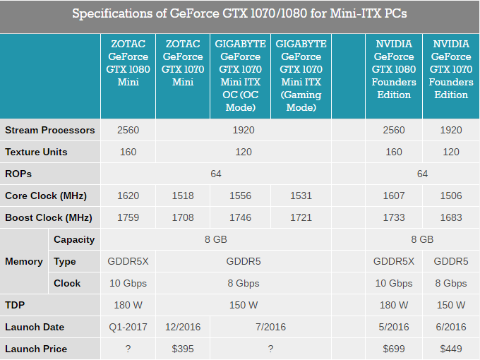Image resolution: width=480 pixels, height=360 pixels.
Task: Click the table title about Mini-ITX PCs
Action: (x=239, y=13)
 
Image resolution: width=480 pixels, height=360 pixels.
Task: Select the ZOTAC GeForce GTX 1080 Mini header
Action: (x=128, y=63)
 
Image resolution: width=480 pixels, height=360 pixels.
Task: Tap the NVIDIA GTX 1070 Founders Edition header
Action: (x=451, y=69)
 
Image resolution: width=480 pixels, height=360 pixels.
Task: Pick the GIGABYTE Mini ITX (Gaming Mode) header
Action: (x=301, y=76)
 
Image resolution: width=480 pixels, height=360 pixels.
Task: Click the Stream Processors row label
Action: (x=49, y=130)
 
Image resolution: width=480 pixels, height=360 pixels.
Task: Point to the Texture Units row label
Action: (x=36, y=152)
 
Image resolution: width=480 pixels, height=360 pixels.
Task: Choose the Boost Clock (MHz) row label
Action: (x=49, y=217)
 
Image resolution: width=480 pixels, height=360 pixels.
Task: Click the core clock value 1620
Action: (x=128, y=196)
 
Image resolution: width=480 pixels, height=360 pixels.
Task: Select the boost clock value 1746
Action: (x=240, y=217)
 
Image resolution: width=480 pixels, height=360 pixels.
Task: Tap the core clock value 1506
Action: (x=450, y=196)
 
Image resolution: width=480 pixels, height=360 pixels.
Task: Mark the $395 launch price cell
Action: (x=182, y=349)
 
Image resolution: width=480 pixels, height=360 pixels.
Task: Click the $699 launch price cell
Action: (x=394, y=349)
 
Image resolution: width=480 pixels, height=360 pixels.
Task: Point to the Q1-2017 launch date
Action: (x=128, y=327)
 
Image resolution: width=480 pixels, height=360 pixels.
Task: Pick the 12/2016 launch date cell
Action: (x=182, y=327)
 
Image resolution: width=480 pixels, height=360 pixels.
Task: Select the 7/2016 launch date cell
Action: (x=270, y=327)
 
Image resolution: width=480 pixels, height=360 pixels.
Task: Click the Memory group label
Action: (x=24, y=261)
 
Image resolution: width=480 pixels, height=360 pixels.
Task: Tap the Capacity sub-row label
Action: (x=74, y=239)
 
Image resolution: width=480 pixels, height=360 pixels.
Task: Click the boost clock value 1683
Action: (x=450, y=217)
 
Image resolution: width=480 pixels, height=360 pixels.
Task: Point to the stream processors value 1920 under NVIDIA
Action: (x=450, y=130)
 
